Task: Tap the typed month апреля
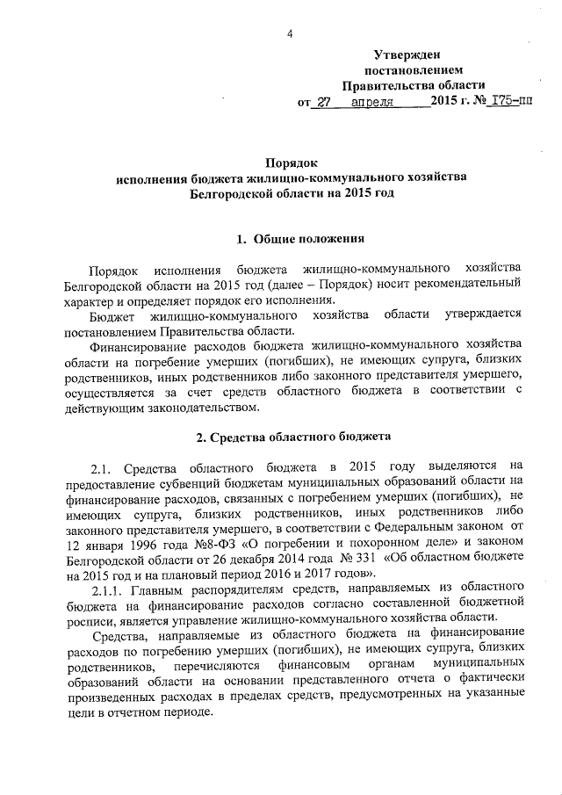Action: click(x=372, y=103)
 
